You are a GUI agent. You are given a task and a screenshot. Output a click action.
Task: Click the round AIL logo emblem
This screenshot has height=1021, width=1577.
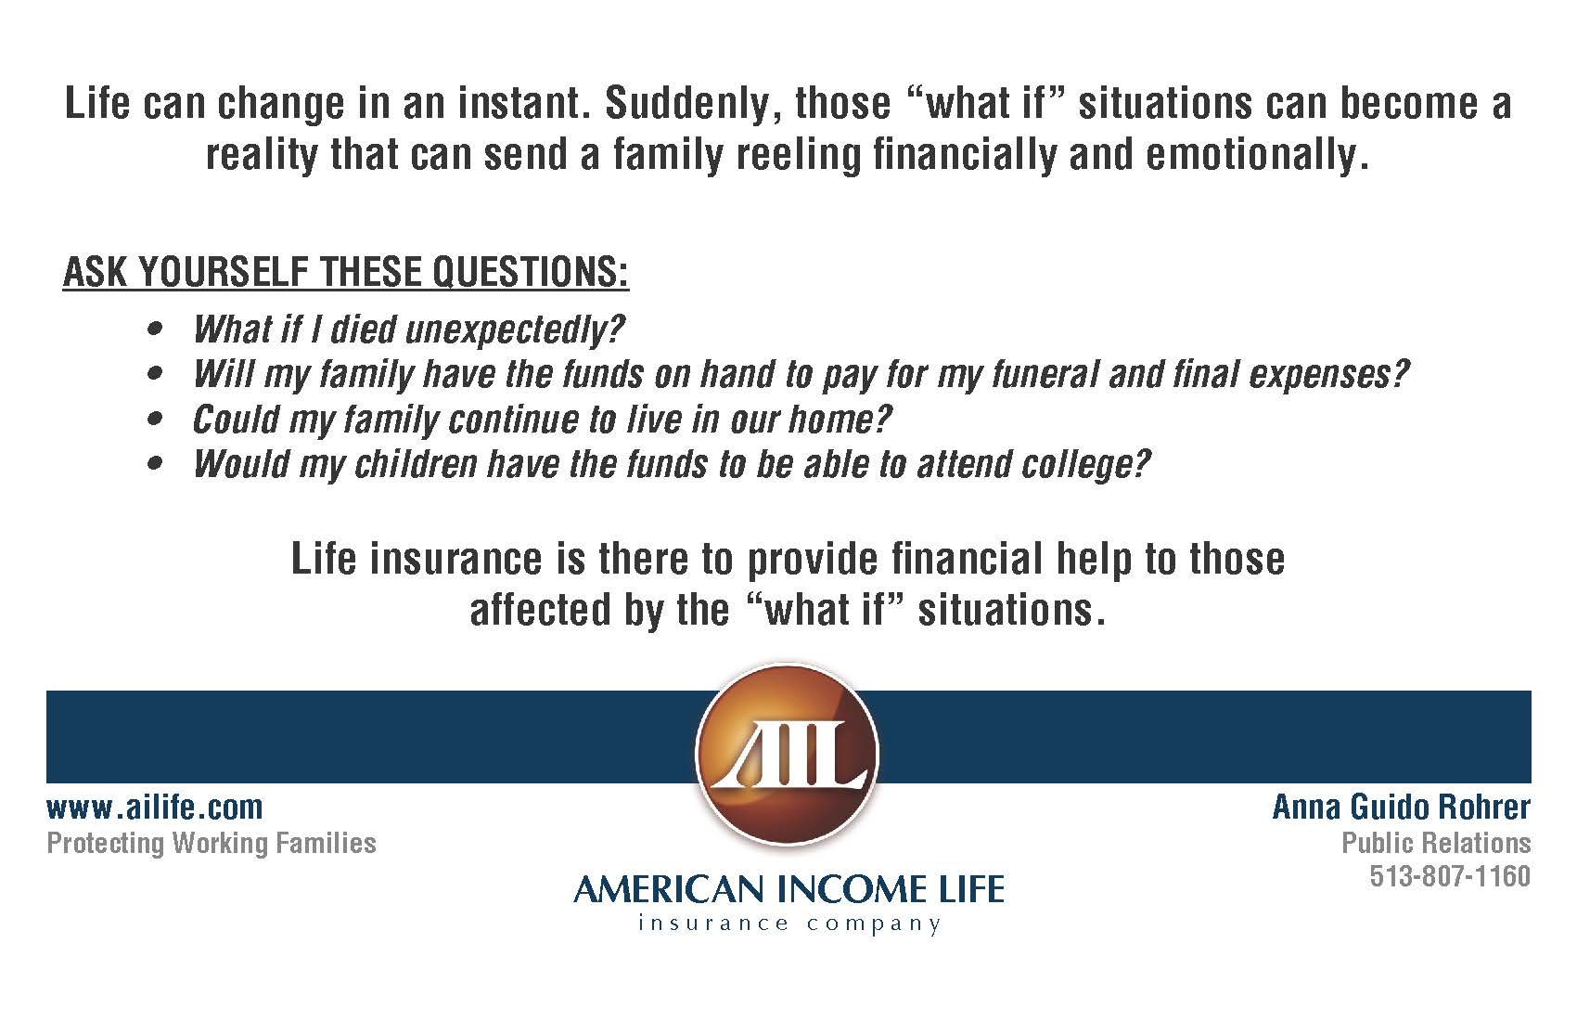click(787, 754)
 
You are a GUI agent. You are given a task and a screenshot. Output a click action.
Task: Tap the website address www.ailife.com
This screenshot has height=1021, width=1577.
click(155, 807)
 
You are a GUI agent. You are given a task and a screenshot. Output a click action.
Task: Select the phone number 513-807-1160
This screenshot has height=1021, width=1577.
click(1450, 876)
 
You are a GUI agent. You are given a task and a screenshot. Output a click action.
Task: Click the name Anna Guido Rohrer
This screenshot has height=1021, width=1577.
click(1401, 807)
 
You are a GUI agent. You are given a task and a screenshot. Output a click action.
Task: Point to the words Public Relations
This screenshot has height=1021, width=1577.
click(1436, 843)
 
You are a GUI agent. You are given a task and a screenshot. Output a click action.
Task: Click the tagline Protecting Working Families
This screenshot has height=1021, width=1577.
click(212, 844)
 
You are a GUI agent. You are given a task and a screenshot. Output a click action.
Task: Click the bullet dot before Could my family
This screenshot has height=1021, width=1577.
click(156, 420)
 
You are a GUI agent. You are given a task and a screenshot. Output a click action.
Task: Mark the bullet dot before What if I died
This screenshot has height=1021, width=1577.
click(156, 330)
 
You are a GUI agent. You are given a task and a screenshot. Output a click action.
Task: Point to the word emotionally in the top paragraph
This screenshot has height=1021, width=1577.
click(1257, 156)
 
